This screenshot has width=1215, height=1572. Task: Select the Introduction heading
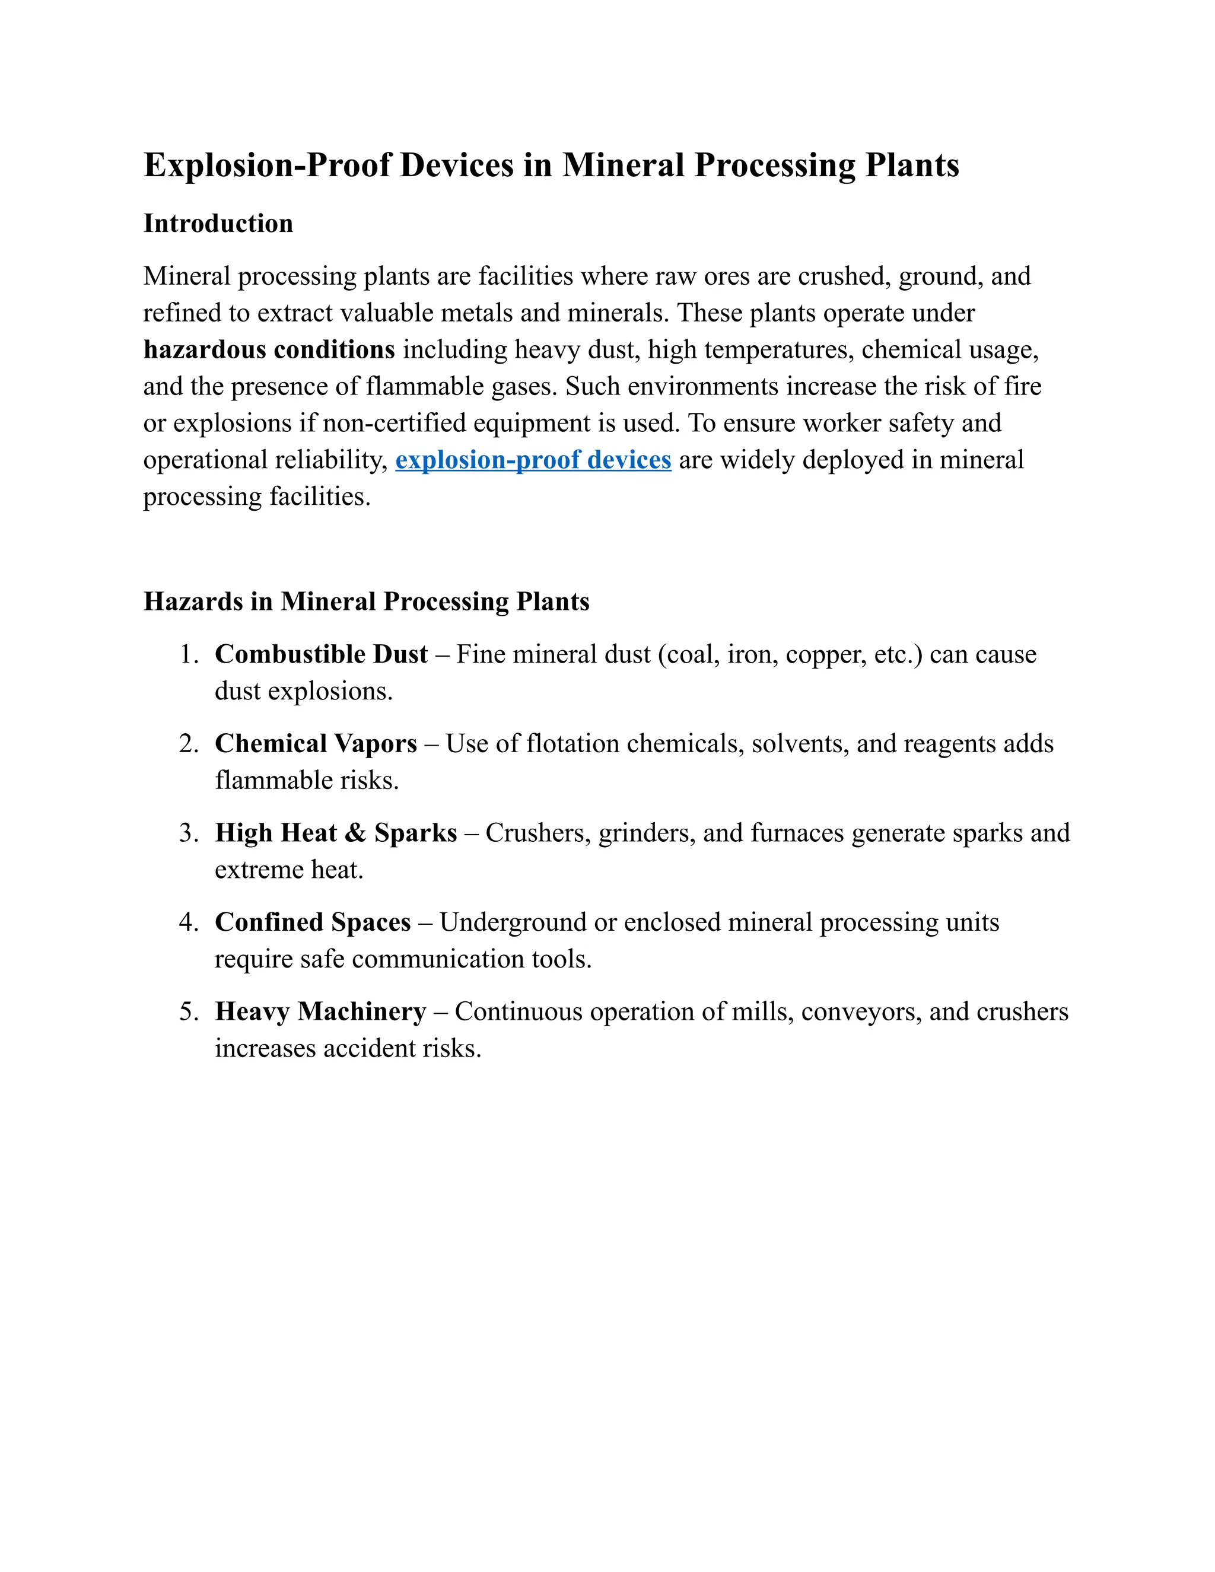click(x=218, y=223)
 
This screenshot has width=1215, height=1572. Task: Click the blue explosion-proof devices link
click(x=533, y=459)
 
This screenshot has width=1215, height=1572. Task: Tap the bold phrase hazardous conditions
click(x=269, y=350)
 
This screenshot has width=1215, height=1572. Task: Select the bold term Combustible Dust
click(x=321, y=654)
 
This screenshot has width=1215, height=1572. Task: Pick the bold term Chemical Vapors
click(x=315, y=743)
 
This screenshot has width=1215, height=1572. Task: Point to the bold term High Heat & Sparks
click(x=335, y=833)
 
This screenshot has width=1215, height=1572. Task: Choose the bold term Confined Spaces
click(x=313, y=922)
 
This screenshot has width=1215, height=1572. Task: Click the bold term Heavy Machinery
click(x=320, y=1011)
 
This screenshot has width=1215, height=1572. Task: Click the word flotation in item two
click(x=572, y=743)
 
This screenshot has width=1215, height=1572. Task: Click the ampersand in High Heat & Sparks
click(x=355, y=833)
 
